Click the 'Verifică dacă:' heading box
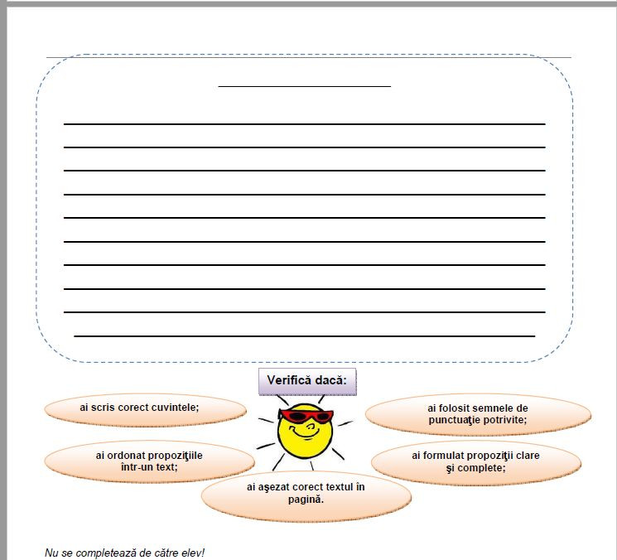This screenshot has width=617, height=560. [x=307, y=382]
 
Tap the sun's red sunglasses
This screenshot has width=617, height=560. [x=305, y=416]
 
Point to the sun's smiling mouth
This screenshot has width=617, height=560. [x=306, y=433]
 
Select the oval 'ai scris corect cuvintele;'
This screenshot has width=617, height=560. [x=145, y=408]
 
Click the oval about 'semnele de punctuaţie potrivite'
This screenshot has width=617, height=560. [x=478, y=414]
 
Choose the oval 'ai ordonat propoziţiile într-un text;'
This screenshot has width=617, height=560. [x=149, y=461]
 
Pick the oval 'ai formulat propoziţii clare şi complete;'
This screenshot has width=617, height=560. [x=475, y=461]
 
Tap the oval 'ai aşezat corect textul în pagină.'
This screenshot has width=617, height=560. [x=306, y=493]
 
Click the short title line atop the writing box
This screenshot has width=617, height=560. [x=304, y=85]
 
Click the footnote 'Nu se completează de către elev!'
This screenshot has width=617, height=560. [x=124, y=551]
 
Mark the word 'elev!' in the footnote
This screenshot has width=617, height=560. [x=191, y=551]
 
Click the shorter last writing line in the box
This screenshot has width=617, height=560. [x=304, y=336]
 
